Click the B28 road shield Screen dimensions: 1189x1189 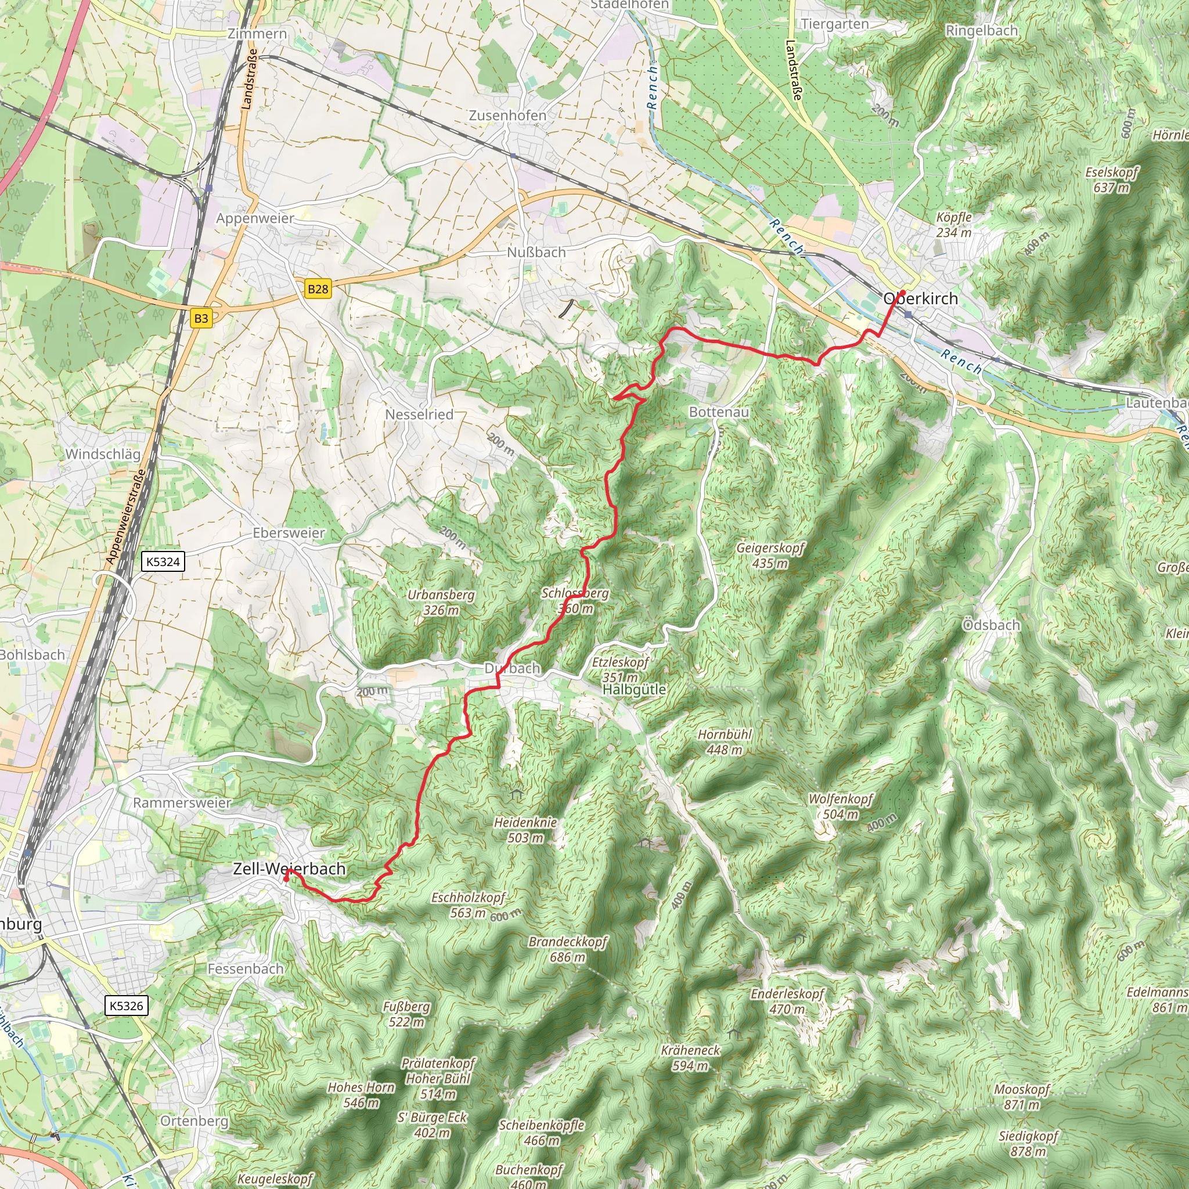coord(318,289)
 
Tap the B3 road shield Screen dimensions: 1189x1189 coord(201,318)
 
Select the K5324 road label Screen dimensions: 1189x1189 coord(163,561)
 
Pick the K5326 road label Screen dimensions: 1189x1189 coord(126,1006)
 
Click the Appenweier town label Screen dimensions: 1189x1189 coord(255,218)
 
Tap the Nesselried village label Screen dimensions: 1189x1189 coord(419,415)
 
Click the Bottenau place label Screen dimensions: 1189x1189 coord(718,412)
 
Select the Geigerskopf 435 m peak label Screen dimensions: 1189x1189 coord(770,555)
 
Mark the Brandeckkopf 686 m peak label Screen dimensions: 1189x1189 coord(567,949)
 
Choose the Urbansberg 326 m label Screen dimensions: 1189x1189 coord(441,603)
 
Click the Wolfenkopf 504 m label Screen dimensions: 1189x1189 coord(841,806)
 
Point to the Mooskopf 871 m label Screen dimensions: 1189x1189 coord(1022,1097)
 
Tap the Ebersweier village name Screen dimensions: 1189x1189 coord(289,533)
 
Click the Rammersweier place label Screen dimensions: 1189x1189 coord(182,803)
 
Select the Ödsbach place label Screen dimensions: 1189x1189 coord(991,625)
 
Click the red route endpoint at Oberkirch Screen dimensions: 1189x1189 coord(902,293)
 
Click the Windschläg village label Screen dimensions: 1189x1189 coord(103,454)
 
